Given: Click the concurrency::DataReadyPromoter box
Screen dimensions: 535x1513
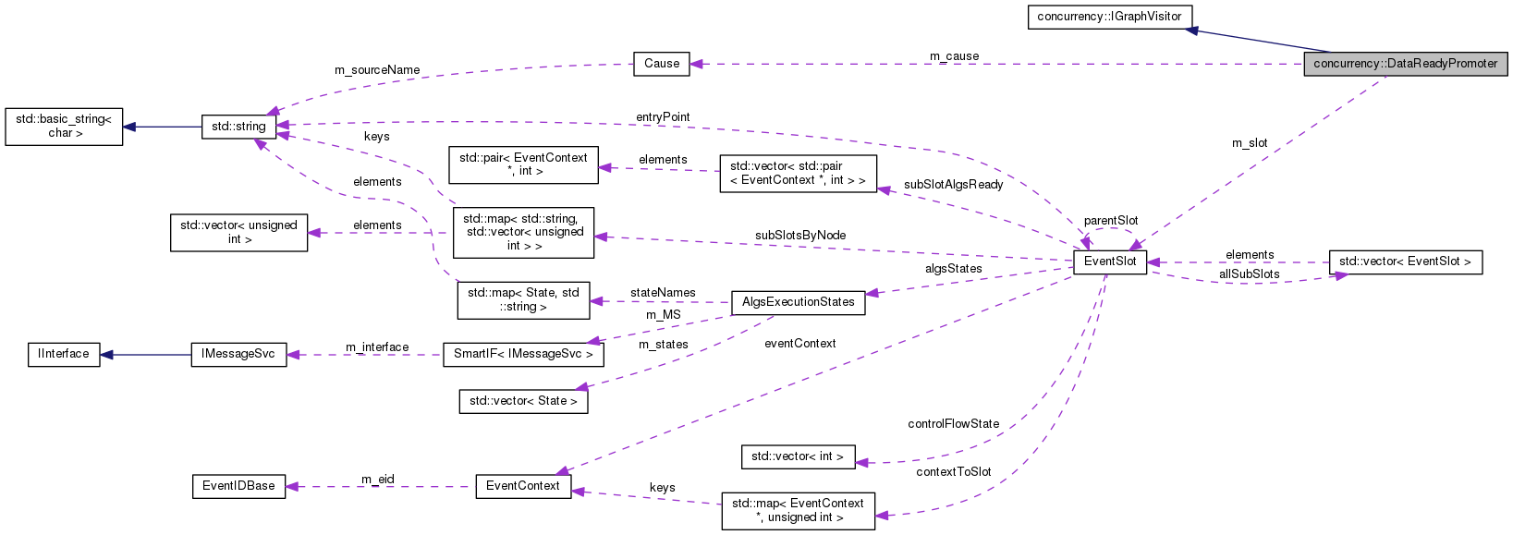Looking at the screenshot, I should tap(1405, 64).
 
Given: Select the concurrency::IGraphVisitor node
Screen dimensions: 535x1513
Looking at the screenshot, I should tap(1109, 17).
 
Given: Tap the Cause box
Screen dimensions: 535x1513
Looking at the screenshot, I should tap(662, 64).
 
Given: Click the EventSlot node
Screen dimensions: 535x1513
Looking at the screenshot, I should tap(1110, 261).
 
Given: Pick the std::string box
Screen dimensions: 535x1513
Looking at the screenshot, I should tap(238, 127).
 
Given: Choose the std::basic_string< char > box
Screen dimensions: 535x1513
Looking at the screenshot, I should tap(64, 127).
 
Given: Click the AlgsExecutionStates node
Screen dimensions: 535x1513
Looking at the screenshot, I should tap(798, 302).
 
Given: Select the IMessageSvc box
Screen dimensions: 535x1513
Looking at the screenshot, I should tap(238, 354).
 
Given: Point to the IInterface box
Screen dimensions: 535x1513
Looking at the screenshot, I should tap(64, 354).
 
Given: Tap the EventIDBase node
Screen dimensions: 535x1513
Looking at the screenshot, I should tap(238, 486).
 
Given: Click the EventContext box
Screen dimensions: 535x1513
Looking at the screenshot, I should tap(523, 486).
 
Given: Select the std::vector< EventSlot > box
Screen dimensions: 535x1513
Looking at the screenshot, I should tap(1404, 262).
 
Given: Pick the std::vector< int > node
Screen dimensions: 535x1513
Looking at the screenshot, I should tap(798, 456).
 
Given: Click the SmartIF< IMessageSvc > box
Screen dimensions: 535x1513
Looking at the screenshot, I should tap(523, 355).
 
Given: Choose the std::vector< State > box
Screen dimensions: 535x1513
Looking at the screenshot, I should tap(523, 401).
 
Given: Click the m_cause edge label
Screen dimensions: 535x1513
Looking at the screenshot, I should tap(954, 56).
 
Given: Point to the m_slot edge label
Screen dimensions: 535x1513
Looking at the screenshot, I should tap(1250, 143).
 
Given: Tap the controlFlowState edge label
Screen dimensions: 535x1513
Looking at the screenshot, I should tap(953, 424).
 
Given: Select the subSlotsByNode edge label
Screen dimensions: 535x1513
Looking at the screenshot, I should tap(799, 236).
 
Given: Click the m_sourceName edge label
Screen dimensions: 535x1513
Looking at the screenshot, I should tap(377, 70).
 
